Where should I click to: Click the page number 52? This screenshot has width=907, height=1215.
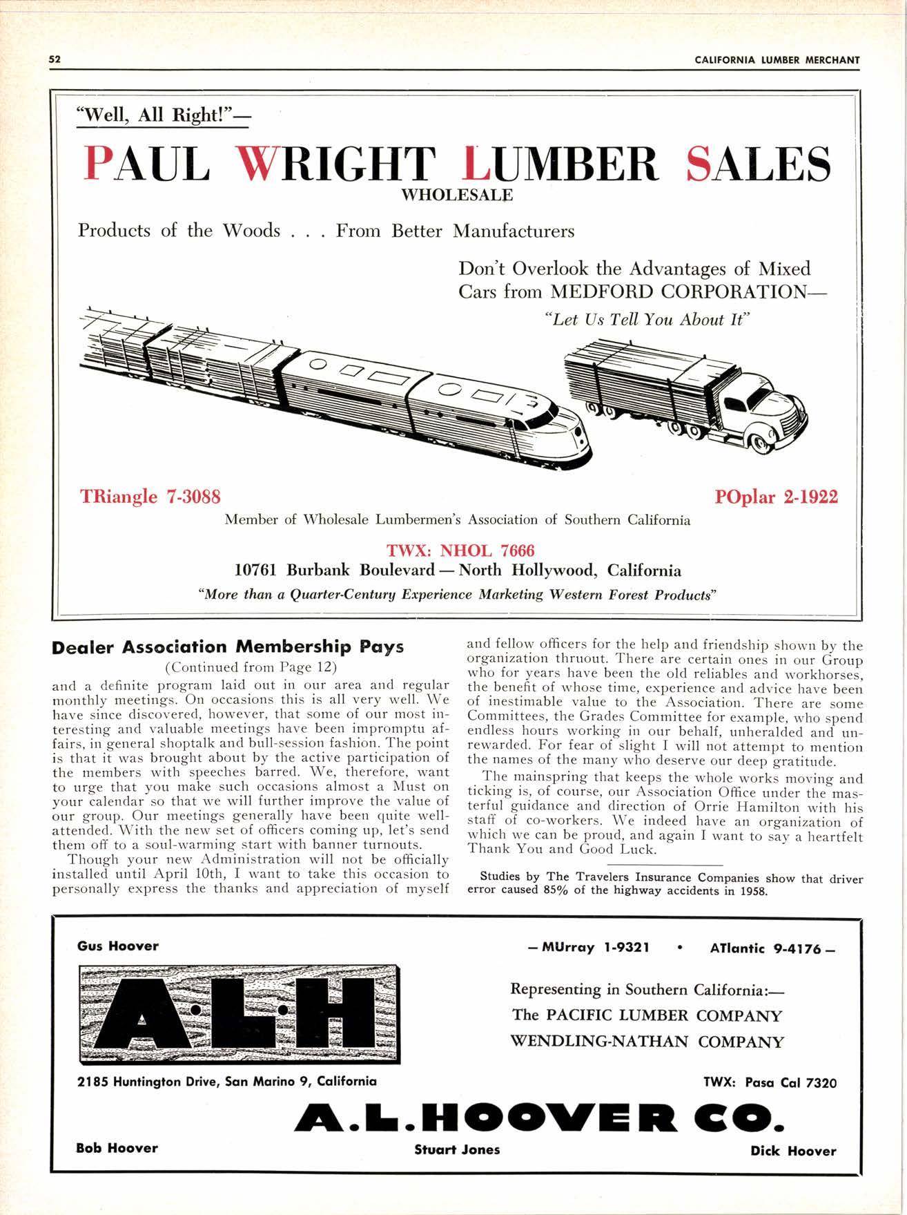(55, 59)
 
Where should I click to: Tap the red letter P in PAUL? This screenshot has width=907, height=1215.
(98, 164)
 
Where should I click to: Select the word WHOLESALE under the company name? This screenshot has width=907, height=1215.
(457, 195)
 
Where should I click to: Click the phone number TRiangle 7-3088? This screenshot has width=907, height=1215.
(150, 497)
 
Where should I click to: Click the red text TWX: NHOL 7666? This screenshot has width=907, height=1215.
(461, 551)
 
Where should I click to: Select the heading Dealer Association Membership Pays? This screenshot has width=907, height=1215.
(228, 647)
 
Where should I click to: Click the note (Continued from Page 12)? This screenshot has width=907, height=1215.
(251, 667)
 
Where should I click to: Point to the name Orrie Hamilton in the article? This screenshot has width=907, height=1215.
(735, 807)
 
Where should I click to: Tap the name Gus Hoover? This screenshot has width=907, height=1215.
(118, 946)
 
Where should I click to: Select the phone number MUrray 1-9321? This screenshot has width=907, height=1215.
(587, 947)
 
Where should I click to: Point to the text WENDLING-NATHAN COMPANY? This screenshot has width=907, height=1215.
(647, 1042)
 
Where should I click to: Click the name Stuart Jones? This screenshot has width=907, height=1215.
(457, 1149)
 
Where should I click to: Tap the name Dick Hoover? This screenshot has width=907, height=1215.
(793, 1151)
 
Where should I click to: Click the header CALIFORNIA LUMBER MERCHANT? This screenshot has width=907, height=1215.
(777, 59)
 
